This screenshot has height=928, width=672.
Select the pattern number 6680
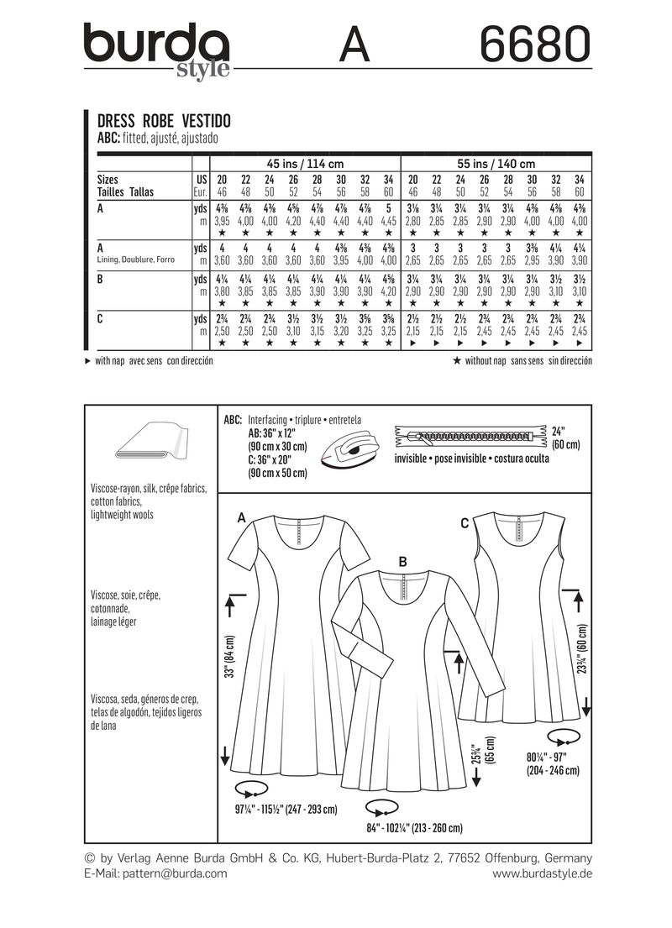coord(534,44)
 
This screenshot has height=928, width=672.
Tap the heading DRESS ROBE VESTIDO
coord(160,120)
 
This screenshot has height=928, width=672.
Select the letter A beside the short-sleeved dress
coord(242,518)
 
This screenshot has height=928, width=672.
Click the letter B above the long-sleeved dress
coord(403,561)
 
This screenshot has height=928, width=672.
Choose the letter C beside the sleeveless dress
coord(464,523)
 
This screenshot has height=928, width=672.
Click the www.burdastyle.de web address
coord(542,873)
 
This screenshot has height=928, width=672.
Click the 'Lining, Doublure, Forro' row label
coord(135,260)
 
